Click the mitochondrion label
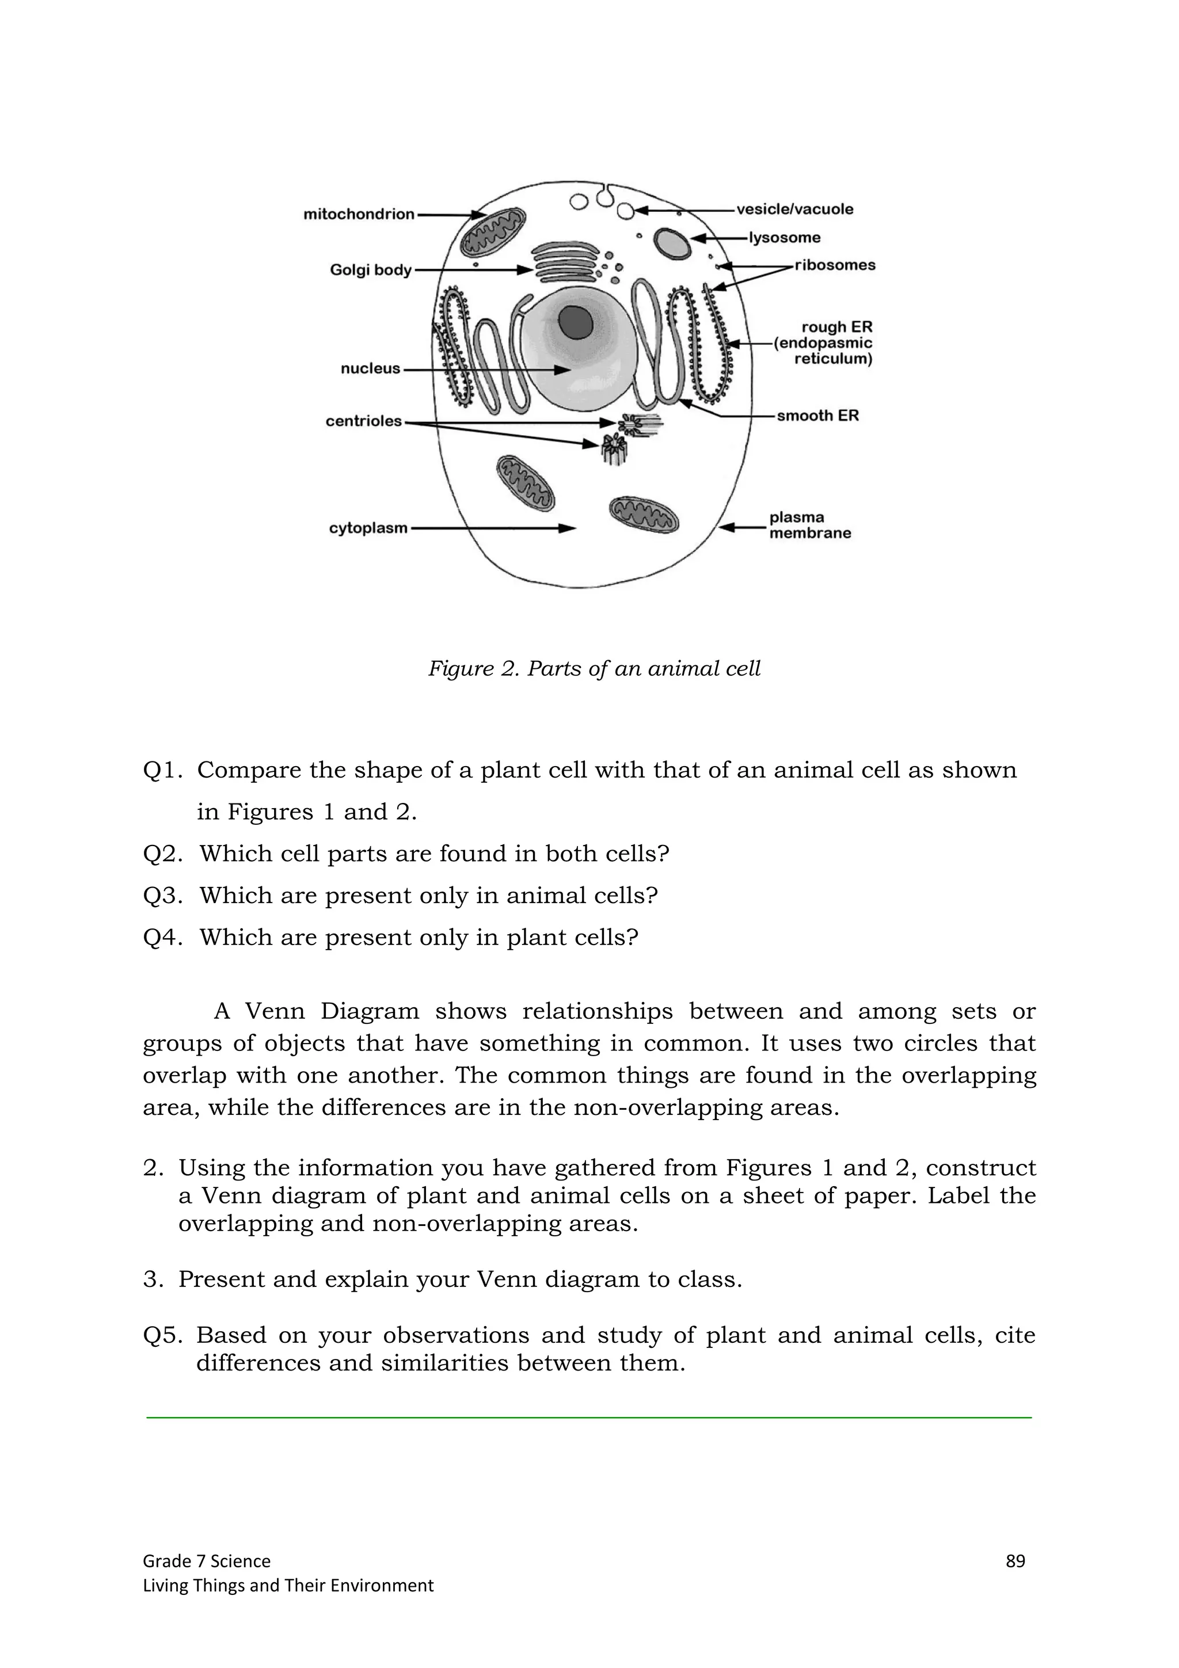(x=358, y=214)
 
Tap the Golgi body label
(x=371, y=271)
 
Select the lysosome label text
(x=785, y=238)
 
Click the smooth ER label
(x=817, y=416)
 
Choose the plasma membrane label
(x=809, y=525)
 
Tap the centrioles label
(x=363, y=421)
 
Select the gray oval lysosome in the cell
(x=672, y=243)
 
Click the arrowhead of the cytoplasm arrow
(x=569, y=529)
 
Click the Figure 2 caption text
(x=594, y=668)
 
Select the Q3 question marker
(x=163, y=896)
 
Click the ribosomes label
(x=835, y=265)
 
